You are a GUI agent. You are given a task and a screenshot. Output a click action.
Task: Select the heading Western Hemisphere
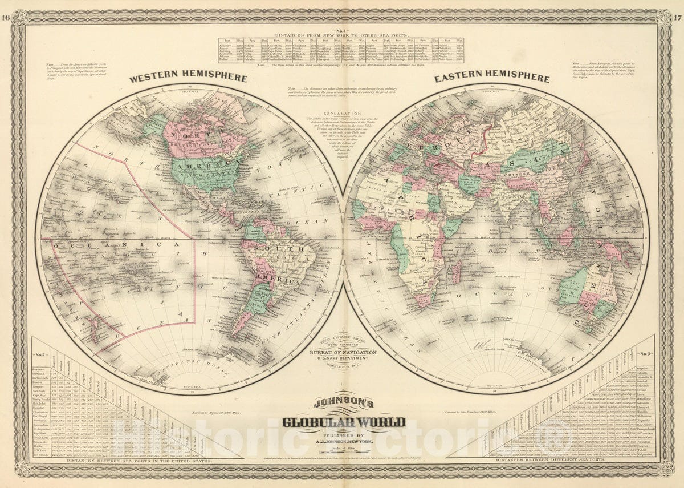point(188,78)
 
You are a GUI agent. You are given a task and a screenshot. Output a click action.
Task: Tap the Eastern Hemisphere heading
point(492,78)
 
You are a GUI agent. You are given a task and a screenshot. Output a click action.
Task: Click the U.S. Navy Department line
point(342,360)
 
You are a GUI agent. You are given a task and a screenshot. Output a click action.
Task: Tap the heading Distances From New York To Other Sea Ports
point(342,35)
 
